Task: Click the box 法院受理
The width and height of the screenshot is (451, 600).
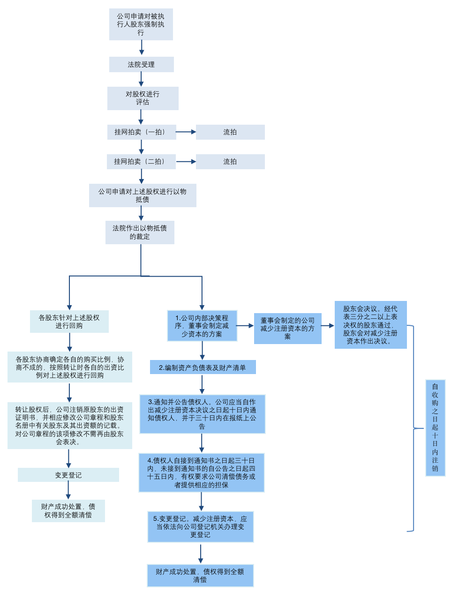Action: (x=141, y=65)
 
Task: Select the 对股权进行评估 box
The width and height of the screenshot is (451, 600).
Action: (x=143, y=98)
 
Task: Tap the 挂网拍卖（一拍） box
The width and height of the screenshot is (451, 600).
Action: (x=141, y=132)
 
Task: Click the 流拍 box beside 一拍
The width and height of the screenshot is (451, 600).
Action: (x=230, y=132)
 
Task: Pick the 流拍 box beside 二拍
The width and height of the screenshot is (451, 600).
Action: (x=230, y=162)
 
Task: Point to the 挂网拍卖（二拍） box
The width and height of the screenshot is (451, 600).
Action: (x=141, y=162)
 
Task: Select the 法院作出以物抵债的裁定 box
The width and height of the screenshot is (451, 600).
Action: (x=140, y=232)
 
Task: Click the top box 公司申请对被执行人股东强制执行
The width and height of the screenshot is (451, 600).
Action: (x=141, y=24)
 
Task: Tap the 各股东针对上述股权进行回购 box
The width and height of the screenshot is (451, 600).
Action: (x=69, y=322)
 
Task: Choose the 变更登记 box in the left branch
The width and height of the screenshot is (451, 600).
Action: (x=68, y=475)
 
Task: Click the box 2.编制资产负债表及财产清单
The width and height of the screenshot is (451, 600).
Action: (x=203, y=367)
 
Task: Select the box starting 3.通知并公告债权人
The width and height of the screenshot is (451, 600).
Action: (x=202, y=414)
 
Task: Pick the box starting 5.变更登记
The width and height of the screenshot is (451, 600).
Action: (x=200, y=527)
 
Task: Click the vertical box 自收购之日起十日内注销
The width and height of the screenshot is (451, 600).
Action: (x=435, y=427)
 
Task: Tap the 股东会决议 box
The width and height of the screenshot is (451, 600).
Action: (x=370, y=325)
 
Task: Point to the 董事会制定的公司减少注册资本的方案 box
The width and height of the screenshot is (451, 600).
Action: (x=287, y=328)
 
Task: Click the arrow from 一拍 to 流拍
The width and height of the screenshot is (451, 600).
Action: (x=186, y=132)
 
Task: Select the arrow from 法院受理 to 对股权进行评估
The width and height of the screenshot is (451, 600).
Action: (x=141, y=79)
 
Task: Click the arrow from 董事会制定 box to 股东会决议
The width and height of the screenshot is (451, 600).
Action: (x=328, y=325)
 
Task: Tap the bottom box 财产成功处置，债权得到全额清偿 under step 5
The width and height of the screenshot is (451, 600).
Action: (x=200, y=576)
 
